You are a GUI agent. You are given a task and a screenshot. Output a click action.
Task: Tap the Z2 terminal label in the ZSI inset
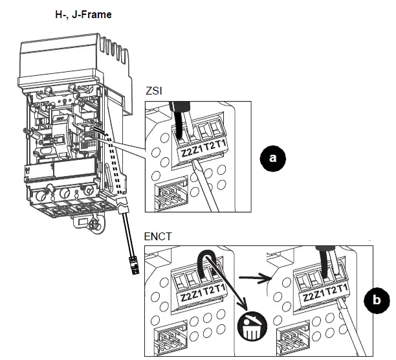(x=186, y=153)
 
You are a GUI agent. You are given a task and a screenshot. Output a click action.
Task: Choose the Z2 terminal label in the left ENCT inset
(x=186, y=297)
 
